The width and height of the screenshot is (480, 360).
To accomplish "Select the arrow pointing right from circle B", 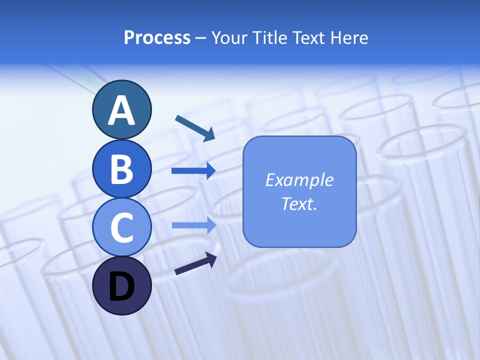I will point(193,171).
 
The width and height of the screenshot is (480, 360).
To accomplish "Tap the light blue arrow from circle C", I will point(193,225).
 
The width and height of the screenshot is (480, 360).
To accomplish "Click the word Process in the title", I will point(157,37).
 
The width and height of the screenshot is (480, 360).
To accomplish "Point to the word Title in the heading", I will point(269,37).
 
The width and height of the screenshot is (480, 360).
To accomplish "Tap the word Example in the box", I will point(299,179).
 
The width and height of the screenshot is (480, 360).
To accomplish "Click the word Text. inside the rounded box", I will point(299,203).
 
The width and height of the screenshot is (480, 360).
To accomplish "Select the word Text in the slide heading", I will point(309,37).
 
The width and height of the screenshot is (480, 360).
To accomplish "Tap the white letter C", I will point(121,228).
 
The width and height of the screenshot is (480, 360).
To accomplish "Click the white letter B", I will point(121,169).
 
